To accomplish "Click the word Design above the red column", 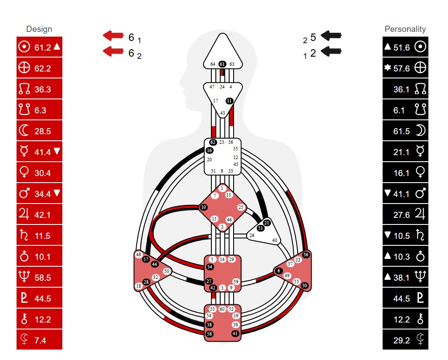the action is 39,29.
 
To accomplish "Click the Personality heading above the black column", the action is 405,29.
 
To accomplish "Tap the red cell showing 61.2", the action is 39,47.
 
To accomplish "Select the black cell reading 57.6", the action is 405,68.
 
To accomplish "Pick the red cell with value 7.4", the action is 39,340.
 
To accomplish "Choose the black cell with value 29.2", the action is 405,340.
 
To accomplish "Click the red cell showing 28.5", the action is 39,131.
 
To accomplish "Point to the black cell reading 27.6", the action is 405,214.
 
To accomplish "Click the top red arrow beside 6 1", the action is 113,36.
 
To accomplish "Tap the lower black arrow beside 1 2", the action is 331,51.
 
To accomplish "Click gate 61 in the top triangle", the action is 222,64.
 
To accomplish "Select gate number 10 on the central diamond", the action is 204,207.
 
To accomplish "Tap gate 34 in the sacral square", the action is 210,267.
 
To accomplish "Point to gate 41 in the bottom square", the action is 235,333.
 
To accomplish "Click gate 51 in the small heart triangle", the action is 260,228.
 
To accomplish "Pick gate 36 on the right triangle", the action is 306,255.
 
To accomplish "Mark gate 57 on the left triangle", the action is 146,259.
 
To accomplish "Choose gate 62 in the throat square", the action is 213,142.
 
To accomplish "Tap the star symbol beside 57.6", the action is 387,68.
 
